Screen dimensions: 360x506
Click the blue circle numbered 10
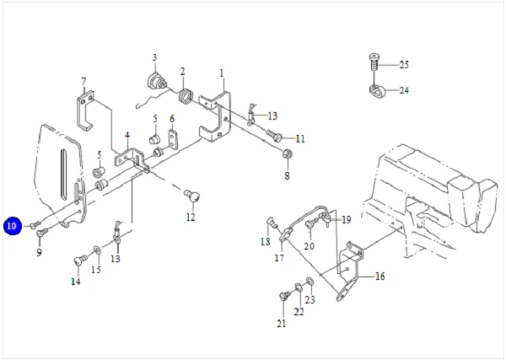(x=12, y=226)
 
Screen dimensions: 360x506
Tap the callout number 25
(x=403, y=65)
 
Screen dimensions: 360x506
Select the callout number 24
(x=403, y=90)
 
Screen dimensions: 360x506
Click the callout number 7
(x=83, y=82)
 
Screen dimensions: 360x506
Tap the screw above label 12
(x=192, y=196)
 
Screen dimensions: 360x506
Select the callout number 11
(x=299, y=138)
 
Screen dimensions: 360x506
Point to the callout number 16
(x=379, y=276)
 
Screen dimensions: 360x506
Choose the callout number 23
(x=310, y=299)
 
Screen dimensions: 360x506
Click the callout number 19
(x=346, y=219)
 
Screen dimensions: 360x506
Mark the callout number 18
(x=266, y=242)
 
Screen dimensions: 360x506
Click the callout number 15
(x=96, y=270)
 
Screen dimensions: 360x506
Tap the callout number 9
(x=39, y=252)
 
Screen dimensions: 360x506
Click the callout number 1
(x=222, y=73)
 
